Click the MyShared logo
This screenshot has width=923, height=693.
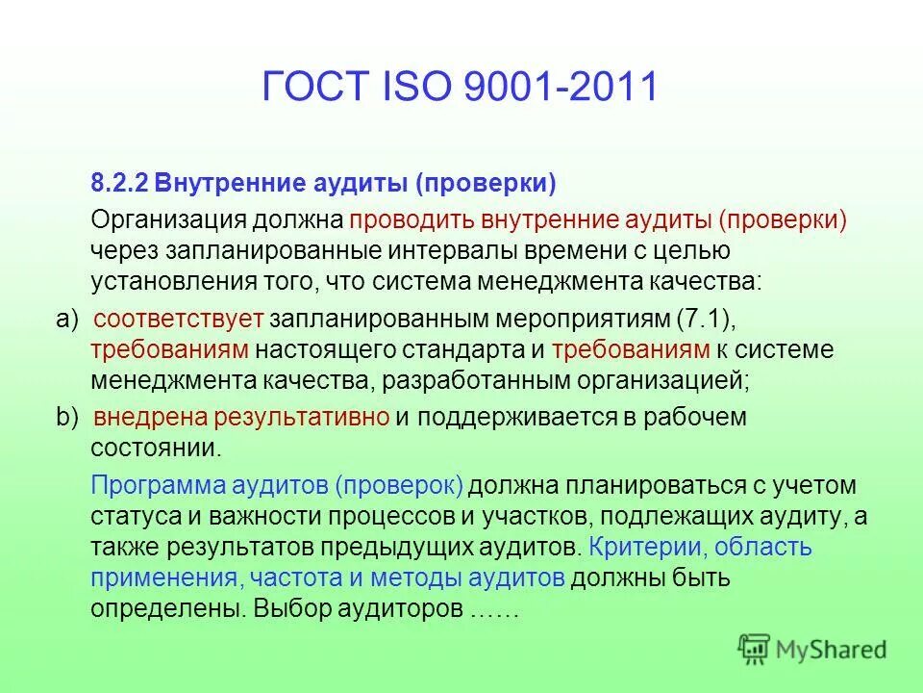[812, 650]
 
